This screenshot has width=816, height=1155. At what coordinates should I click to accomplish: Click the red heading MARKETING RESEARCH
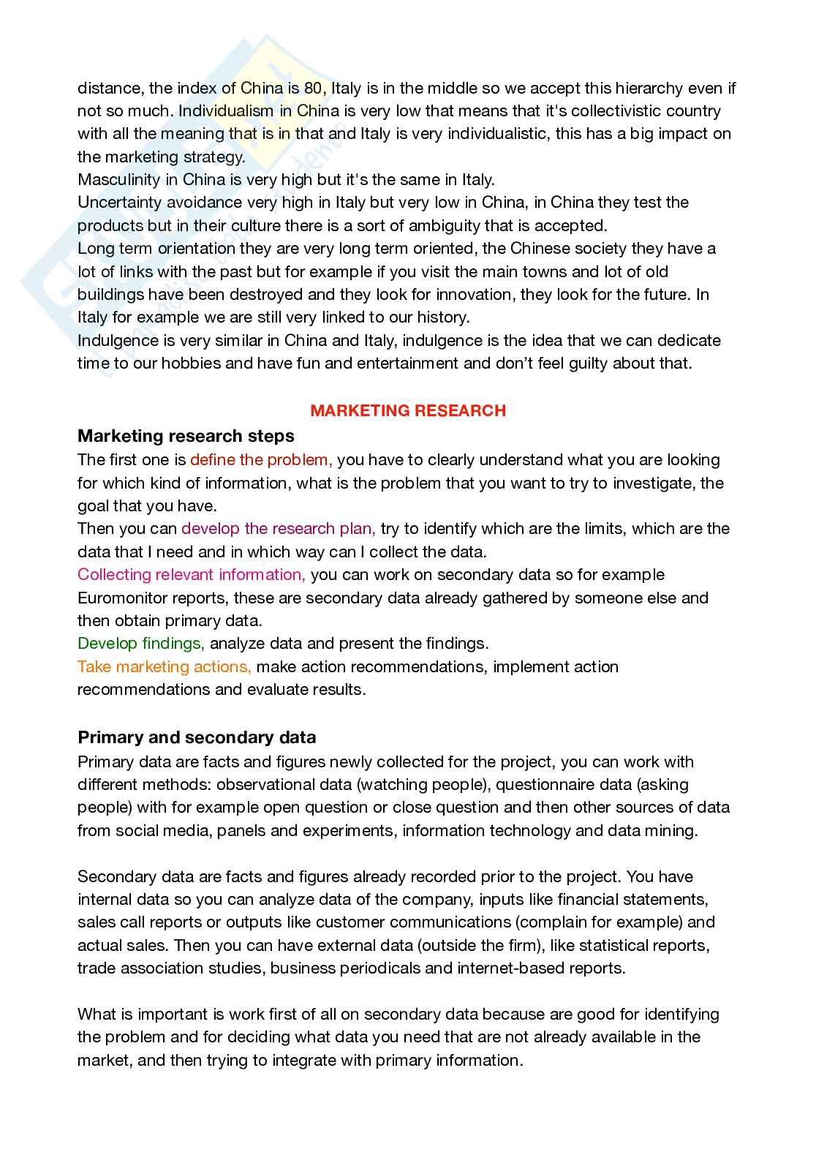click(408, 410)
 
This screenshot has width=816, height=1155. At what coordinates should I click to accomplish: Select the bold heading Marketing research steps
click(186, 436)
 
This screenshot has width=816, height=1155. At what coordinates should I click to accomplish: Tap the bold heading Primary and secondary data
click(197, 737)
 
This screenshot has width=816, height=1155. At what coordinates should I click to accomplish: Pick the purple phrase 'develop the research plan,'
click(279, 529)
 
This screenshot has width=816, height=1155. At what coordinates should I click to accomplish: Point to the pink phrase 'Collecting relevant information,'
click(192, 575)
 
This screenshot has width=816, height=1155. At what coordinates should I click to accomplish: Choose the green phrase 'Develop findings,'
click(141, 644)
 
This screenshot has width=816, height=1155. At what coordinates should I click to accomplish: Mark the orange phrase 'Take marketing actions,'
click(165, 667)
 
